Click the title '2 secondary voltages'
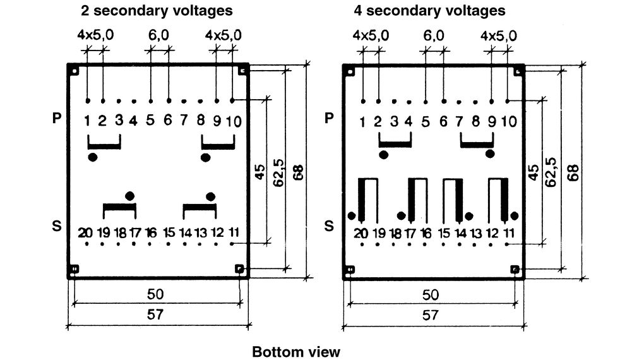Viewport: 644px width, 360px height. click(x=157, y=10)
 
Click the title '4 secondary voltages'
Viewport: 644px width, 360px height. click(x=429, y=10)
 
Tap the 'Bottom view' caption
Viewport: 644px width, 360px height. click(x=295, y=352)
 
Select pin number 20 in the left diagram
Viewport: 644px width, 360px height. click(x=85, y=233)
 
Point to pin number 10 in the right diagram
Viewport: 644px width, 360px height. click(x=508, y=121)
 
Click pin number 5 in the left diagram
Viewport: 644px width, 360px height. click(x=150, y=120)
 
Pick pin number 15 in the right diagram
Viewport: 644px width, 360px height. click(x=444, y=234)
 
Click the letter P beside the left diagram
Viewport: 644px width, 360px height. click(x=57, y=118)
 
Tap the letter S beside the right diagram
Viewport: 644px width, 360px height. click(x=329, y=225)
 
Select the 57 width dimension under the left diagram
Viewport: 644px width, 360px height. click(x=155, y=315)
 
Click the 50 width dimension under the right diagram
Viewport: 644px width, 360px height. click(x=431, y=295)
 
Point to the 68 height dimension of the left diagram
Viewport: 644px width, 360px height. click(x=298, y=172)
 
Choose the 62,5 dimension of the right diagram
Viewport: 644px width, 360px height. click(x=551, y=172)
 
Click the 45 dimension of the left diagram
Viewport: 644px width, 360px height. click(x=260, y=172)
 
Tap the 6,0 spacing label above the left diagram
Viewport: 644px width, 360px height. click(x=158, y=35)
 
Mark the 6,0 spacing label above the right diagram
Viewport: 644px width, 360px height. click(x=434, y=36)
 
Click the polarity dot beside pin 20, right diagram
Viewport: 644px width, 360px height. click(x=352, y=216)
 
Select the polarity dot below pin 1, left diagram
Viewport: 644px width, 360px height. click(x=93, y=157)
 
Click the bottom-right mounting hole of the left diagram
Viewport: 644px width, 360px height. click(x=239, y=269)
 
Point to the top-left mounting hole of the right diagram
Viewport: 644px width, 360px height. click(x=350, y=71)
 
